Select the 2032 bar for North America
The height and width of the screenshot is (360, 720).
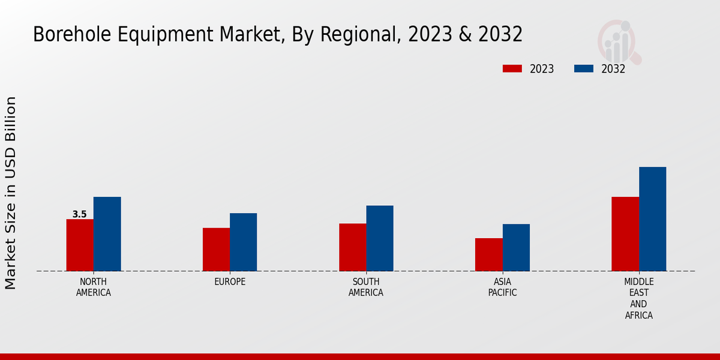click(107, 234)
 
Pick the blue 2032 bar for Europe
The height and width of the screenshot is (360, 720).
click(243, 242)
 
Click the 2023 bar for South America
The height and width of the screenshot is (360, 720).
click(352, 247)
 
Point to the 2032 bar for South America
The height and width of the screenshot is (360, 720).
click(380, 238)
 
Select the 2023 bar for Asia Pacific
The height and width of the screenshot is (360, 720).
click(488, 254)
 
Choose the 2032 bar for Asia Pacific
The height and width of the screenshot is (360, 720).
click(516, 247)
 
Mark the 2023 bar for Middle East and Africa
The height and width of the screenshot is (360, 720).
click(625, 234)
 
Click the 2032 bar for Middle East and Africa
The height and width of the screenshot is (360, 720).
click(652, 219)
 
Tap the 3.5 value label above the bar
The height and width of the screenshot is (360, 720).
click(79, 214)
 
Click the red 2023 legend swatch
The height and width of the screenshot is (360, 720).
click(512, 68)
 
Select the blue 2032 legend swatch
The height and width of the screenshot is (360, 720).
click(584, 68)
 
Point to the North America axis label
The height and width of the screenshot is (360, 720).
click(94, 287)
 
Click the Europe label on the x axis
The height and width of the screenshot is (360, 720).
click(230, 282)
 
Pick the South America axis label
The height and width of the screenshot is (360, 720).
click(366, 287)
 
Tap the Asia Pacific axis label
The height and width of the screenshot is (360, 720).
click(502, 287)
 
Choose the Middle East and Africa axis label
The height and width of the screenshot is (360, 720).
click(638, 298)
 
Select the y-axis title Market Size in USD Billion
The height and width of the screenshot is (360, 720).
click(11, 193)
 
